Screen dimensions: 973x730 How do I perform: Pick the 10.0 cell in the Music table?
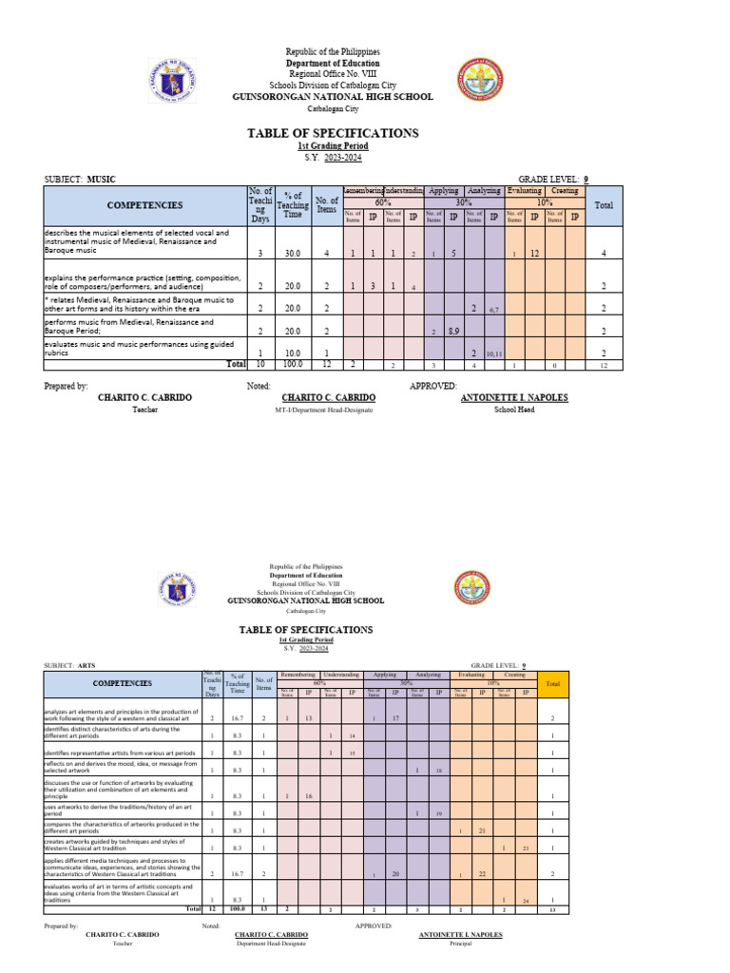(x=292, y=353)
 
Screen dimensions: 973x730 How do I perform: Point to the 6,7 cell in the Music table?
(x=493, y=309)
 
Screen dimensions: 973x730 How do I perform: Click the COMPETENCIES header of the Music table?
(x=145, y=205)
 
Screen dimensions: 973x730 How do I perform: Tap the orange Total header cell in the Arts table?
(x=551, y=682)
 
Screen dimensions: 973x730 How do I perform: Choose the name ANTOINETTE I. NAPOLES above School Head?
(x=514, y=397)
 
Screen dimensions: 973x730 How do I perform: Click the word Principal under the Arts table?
(x=460, y=944)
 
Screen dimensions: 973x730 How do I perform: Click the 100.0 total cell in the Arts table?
(x=239, y=908)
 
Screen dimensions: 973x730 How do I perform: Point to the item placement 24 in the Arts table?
(x=525, y=900)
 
